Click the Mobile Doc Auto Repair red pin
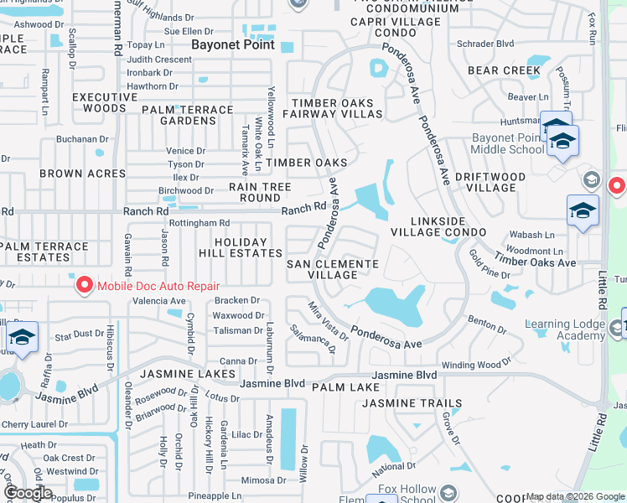85,286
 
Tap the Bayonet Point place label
233,44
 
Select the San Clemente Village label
333,269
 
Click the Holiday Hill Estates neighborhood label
244,247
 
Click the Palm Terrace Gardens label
188,115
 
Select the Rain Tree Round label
260,192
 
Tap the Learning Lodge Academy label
565,330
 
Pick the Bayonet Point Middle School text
508,143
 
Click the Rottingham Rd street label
199,223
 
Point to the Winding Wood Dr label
471,365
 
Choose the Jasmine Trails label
412,403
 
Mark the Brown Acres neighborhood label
83,174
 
